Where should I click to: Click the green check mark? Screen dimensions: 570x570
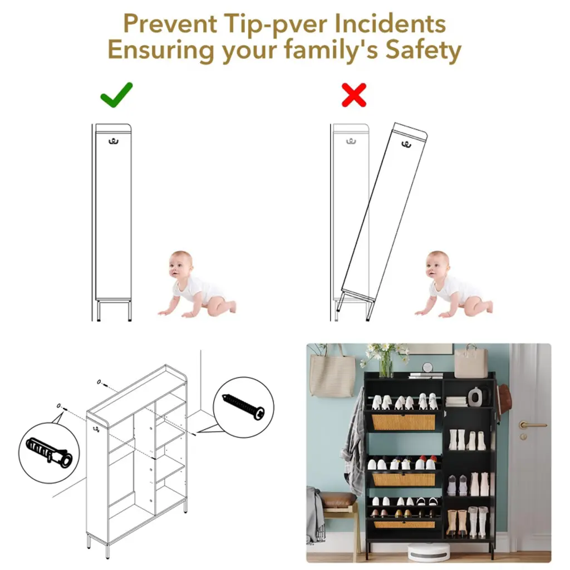[116, 95]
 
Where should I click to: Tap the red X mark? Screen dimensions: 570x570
[353, 95]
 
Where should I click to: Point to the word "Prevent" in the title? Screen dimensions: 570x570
[170, 23]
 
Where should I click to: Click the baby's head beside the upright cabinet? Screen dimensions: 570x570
[180, 264]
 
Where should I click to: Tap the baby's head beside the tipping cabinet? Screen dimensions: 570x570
[437, 264]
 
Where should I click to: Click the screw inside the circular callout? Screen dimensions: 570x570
[243, 406]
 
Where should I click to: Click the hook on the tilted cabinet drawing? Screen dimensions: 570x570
[406, 144]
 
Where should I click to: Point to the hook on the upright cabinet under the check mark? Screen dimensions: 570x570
[114, 141]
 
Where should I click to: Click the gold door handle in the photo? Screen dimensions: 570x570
[531, 425]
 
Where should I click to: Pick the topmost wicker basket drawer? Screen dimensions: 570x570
[403, 422]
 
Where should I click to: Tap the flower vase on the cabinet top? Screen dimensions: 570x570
[386, 365]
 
